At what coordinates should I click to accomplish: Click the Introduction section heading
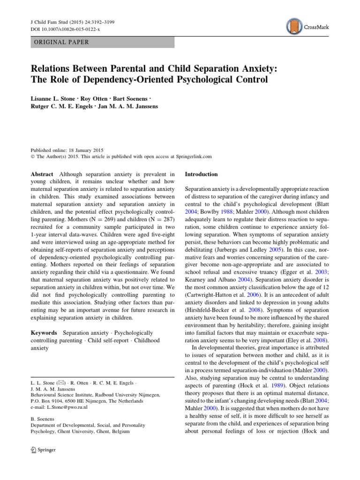tap(202, 174)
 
